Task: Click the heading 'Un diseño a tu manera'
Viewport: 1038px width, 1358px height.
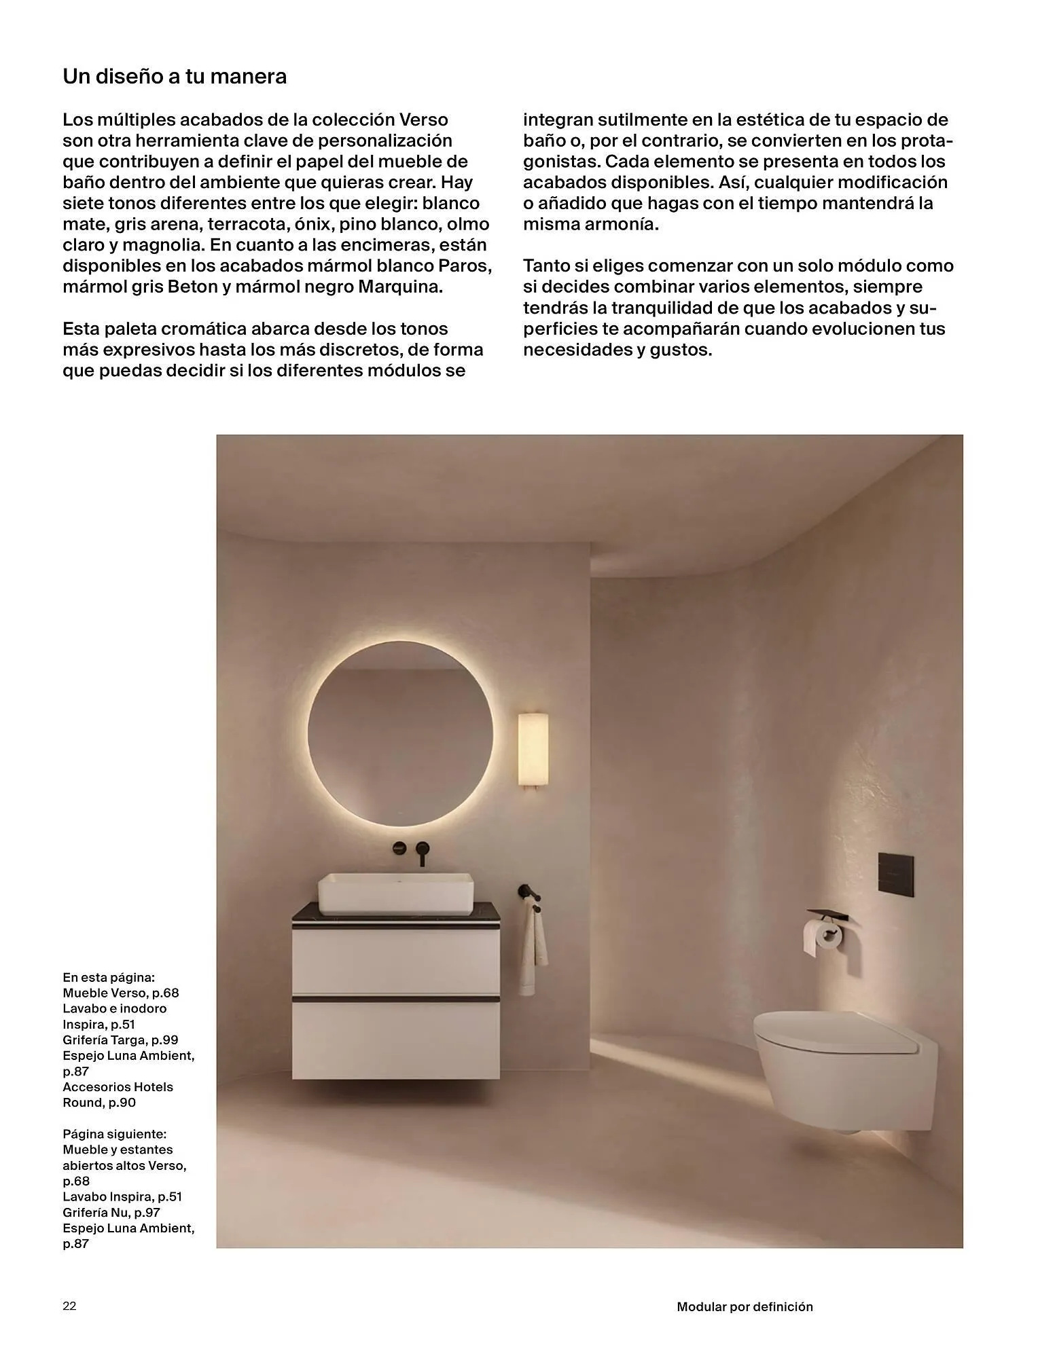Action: point(175,77)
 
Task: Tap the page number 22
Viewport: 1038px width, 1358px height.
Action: point(69,1306)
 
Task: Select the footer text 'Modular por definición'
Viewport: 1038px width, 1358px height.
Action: point(745,1306)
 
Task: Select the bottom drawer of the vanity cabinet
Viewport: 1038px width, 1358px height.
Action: point(396,1039)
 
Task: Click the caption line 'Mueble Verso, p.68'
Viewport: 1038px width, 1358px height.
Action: point(121,993)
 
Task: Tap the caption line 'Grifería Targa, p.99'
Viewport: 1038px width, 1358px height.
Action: point(120,1040)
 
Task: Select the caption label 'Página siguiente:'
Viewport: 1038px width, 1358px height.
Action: point(114,1134)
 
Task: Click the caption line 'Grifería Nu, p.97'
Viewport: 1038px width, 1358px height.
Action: point(111,1212)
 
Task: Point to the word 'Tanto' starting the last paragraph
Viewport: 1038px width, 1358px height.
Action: point(548,265)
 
